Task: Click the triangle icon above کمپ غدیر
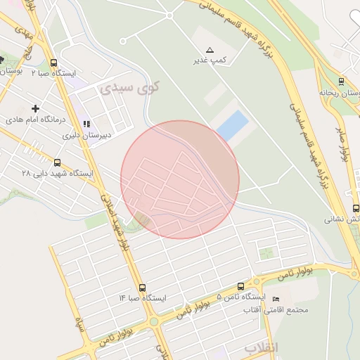click(210, 50)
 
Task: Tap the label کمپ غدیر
click(210, 60)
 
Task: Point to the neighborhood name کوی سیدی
click(131, 87)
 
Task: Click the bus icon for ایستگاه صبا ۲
click(55, 62)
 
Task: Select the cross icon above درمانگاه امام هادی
click(36, 108)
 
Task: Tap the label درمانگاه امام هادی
click(36, 121)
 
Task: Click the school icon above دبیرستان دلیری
click(87, 124)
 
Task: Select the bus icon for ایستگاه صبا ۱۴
click(143, 288)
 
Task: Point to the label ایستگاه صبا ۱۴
click(143, 299)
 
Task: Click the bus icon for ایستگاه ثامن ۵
click(241, 287)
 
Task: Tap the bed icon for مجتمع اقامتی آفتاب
click(275, 300)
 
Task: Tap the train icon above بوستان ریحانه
click(341, 81)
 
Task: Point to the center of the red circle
click(180, 179)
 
